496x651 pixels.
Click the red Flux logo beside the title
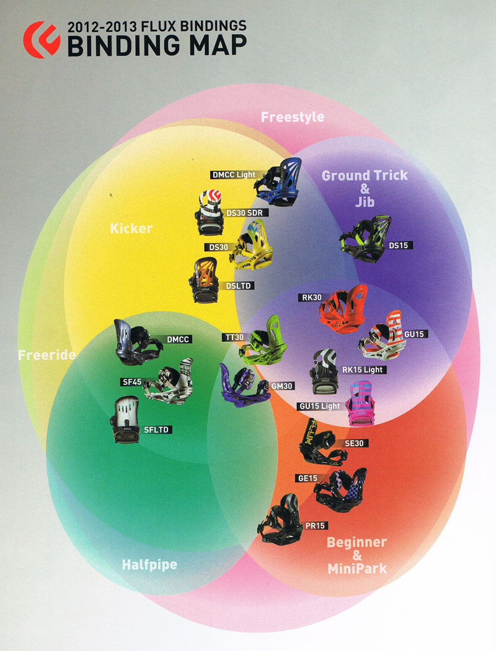[42, 40]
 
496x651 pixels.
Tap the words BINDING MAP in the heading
[156, 45]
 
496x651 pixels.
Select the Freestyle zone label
[292, 117]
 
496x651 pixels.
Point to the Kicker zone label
[131, 228]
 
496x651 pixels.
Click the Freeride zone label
[46, 356]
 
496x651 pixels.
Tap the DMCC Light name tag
[234, 175]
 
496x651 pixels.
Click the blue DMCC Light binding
[280, 181]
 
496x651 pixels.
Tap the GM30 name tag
[281, 385]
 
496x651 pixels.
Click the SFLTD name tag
[157, 429]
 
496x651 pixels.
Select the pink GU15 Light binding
[361, 404]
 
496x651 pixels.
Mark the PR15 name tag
[315, 526]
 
